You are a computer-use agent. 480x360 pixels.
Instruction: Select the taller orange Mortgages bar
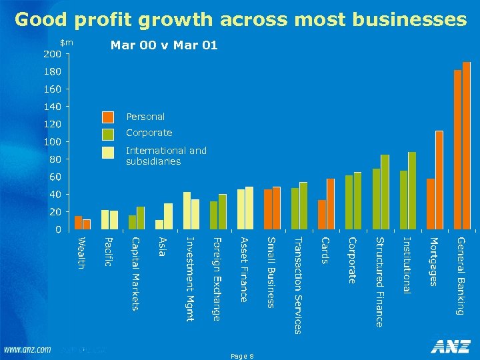pos(439,180)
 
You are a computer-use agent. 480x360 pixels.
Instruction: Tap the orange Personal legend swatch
pos(108,117)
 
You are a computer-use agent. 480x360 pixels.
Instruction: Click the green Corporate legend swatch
pos(108,134)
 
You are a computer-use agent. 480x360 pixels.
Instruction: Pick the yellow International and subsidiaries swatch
pos(108,153)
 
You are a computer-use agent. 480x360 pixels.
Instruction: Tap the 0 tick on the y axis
pos(57,229)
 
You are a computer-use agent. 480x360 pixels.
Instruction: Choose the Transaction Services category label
pos(298,285)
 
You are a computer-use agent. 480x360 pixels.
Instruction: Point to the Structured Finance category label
pos(379,281)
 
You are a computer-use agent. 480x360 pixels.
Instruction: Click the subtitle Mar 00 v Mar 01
pos(164,47)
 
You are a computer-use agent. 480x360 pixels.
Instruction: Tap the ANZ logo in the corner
pos(450,347)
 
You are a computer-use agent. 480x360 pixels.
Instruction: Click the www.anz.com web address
pos(27,349)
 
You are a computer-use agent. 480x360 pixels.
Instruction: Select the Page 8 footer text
pos(241,357)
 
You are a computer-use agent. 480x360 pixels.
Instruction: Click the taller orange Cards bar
pos(331,203)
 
